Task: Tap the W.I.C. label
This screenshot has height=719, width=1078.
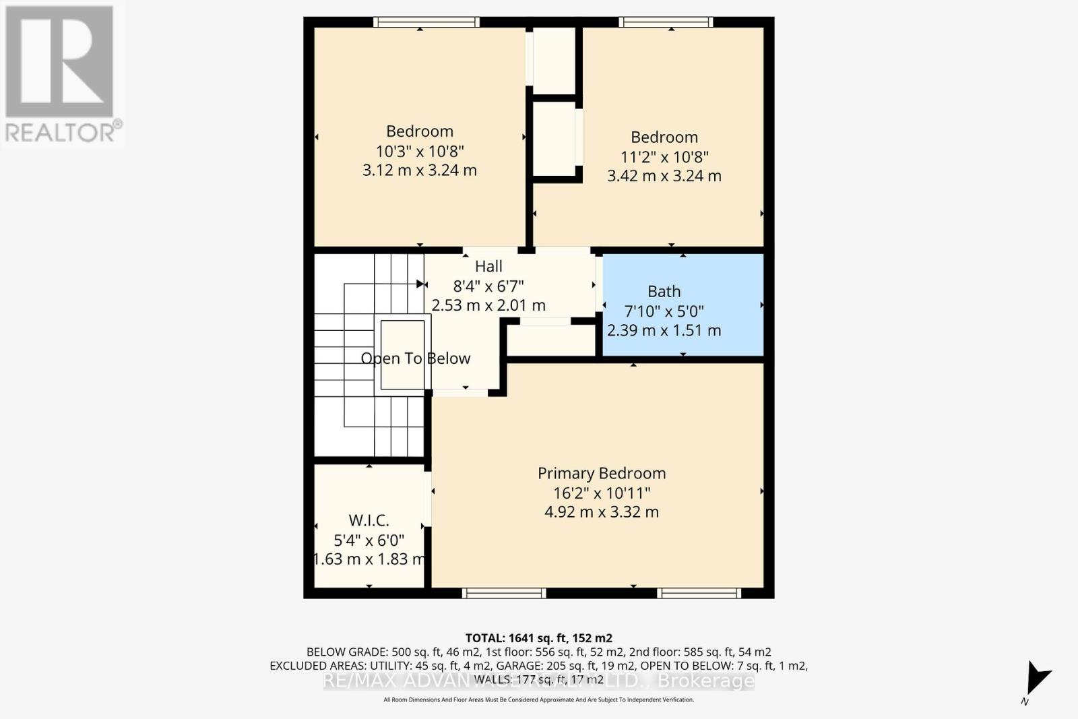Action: coord(369,520)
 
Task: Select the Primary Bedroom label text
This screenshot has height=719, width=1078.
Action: coord(601,473)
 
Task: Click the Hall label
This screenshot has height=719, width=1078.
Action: coord(488,266)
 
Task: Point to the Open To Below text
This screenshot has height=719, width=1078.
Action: coord(415,358)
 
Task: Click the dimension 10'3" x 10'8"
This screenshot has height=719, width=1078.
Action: coord(420,151)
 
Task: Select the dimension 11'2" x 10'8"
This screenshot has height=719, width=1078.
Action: coord(664,157)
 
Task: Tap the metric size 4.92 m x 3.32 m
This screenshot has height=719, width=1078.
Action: coord(601,512)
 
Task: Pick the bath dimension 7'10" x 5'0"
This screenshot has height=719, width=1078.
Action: coord(664,311)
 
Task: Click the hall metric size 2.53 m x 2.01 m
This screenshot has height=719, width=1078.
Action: coord(488,305)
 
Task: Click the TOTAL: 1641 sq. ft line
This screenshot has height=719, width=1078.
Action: coord(538,637)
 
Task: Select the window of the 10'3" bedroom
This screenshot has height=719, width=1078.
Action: coord(426,22)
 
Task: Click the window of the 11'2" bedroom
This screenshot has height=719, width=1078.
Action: coord(666,22)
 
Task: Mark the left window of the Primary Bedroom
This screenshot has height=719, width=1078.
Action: coord(504,593)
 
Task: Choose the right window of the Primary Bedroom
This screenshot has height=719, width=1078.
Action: coord(699,593)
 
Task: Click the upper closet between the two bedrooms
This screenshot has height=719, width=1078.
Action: coord(554,61)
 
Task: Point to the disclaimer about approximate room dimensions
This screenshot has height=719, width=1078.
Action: coord(538,699)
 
